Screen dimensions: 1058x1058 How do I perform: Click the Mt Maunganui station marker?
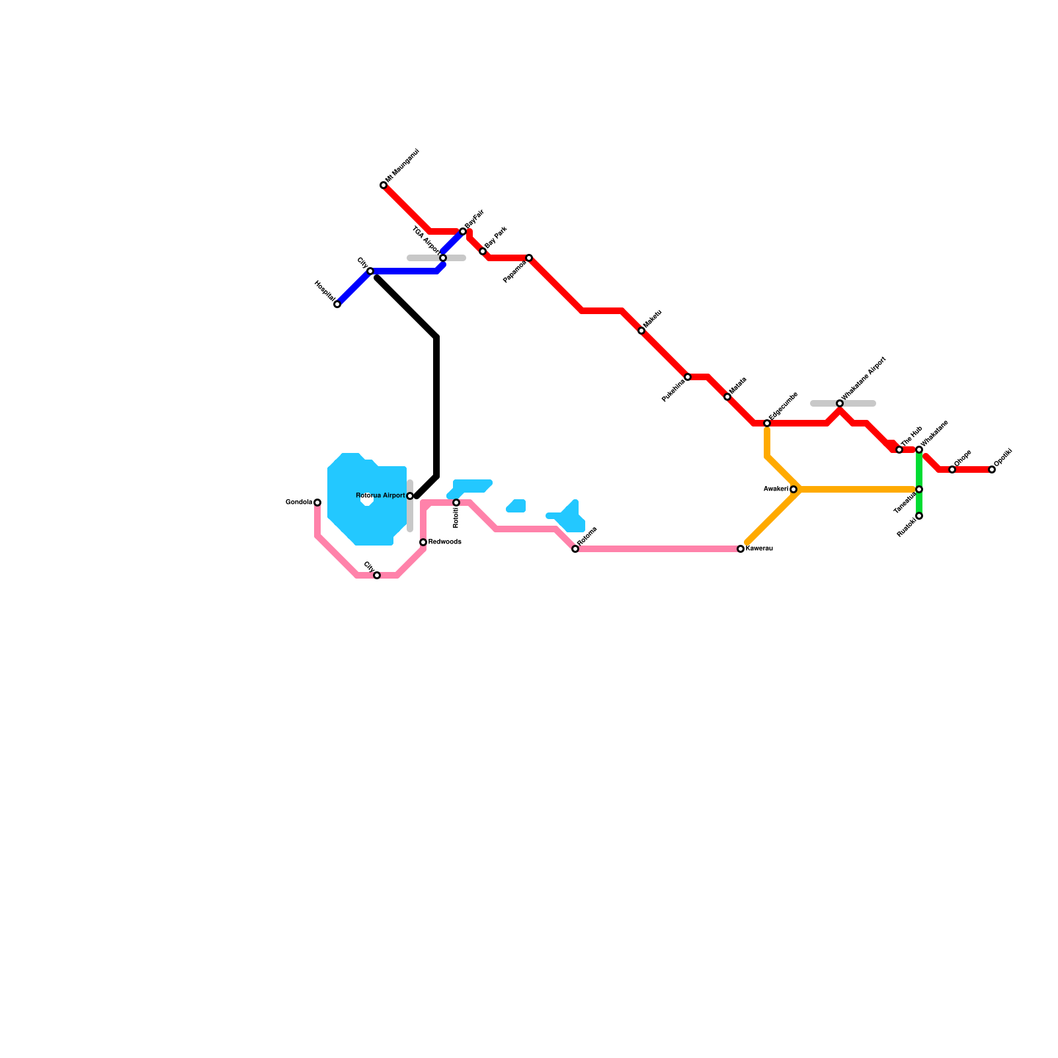[x=384, y=185]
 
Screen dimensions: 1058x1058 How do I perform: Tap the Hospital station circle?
[x=337, y=304]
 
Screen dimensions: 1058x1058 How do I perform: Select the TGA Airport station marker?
[x=443, y=258]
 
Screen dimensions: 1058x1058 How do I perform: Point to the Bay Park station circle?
[x=483, y=251]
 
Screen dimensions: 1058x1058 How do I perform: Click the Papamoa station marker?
[x=529, y=258]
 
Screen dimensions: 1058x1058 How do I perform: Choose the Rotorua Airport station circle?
[x=410, y=496]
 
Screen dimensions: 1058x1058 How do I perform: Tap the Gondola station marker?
[x=317, y=503]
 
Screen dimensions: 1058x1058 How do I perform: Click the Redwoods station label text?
[x=444, y=542]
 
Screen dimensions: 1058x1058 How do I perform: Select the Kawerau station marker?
[x=741, y=549]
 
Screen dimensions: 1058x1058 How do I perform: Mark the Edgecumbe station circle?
[x=767, y=423]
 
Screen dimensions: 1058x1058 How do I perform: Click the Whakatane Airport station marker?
[x=840, y=403]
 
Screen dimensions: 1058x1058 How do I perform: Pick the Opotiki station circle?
[x=992, y=469]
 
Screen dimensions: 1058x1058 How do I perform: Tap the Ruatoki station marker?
[x=919, y=516]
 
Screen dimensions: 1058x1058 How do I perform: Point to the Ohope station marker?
[x=952, y=469]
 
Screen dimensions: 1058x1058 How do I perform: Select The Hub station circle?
[x=899, y=450]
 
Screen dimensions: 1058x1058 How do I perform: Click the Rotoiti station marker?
[x=456, y=503]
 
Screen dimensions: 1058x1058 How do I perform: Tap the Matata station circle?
[x=727, y=397]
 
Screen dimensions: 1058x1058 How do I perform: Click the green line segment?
[x=919, y=469]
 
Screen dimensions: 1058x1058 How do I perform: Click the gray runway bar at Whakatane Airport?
[x=860, y=403]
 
